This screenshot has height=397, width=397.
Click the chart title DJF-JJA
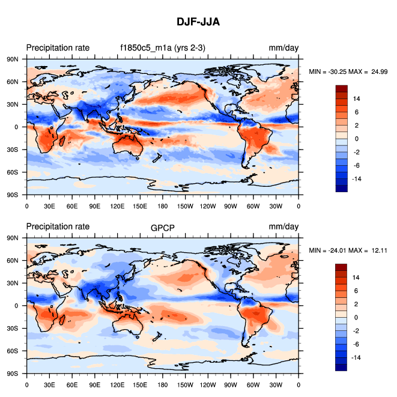pos(198,22)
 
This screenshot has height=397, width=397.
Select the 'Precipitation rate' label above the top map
pos(58,48)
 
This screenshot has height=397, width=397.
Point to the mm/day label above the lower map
pos(283,226)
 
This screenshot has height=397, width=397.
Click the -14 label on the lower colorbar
pos(356,357)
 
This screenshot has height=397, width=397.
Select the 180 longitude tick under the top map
pos(163,205)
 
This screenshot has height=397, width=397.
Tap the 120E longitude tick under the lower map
pos(117,384)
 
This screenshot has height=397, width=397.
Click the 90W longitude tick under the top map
pos(231,205)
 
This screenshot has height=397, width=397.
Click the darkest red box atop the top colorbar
pos(341,88)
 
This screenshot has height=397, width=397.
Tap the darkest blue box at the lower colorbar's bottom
pos(341,367)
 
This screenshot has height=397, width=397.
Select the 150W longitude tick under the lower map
pos(185,384)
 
